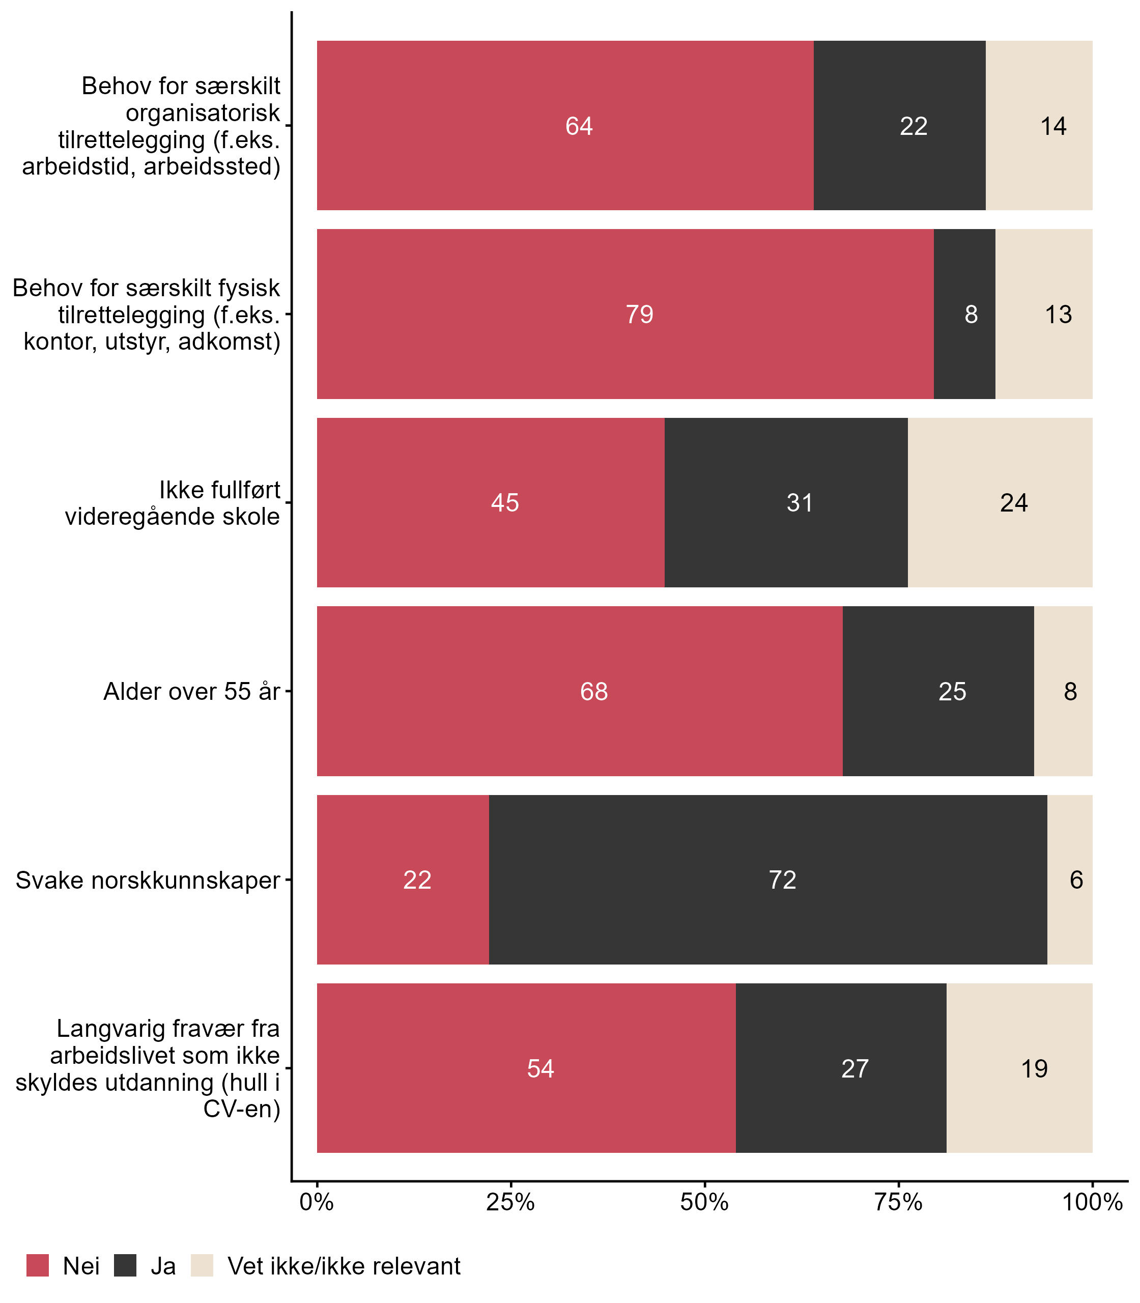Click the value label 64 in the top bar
coord(579,126)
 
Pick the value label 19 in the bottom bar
coord(1034,1069)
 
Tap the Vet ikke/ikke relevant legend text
coord(344,1266)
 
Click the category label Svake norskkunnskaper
coord(148,881)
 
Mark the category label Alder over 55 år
coord(191,692)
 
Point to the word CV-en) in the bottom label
coord(242,1109)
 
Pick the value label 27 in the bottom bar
coord(854,1069)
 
